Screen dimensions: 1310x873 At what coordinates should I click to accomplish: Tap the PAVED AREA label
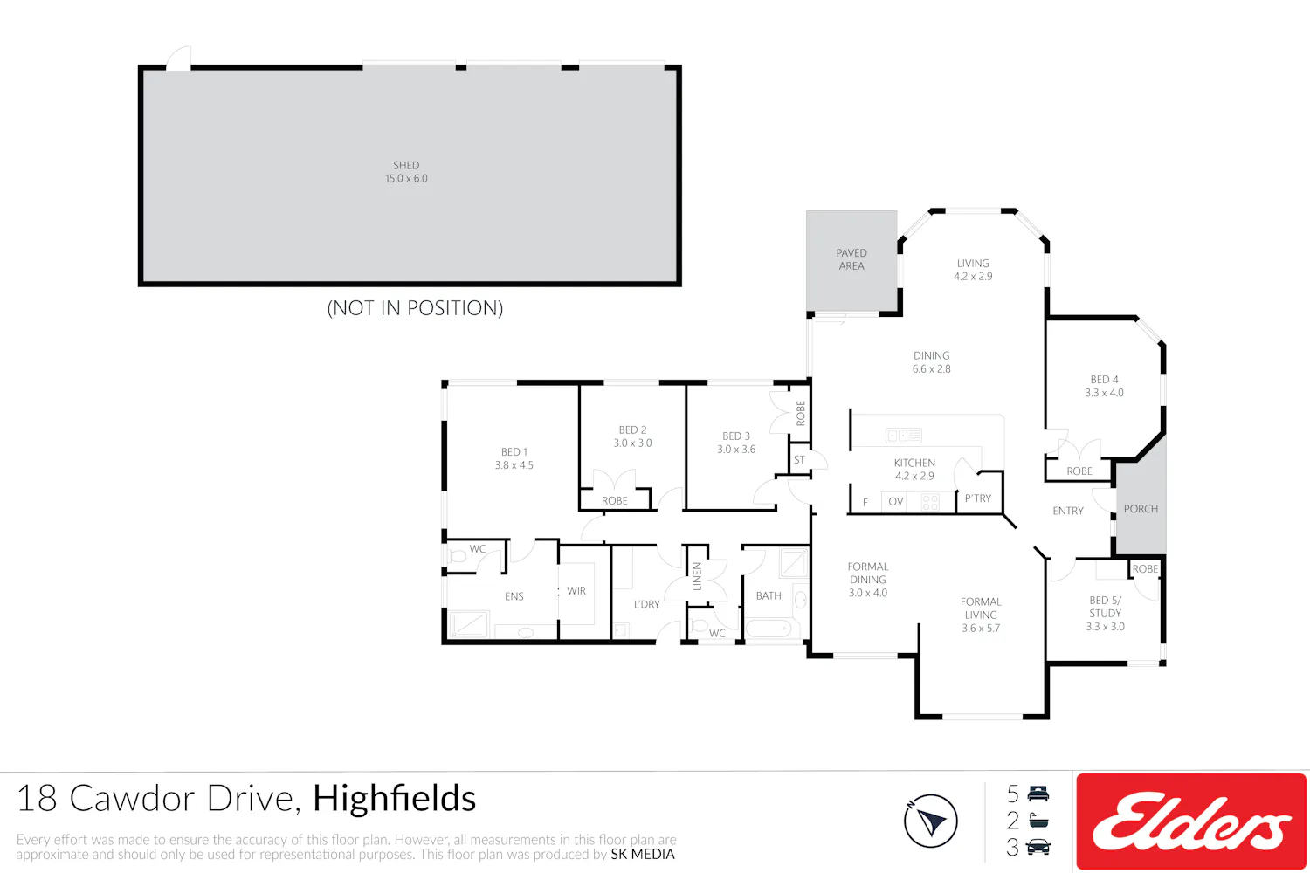851,259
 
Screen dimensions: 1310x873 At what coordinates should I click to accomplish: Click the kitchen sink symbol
904,436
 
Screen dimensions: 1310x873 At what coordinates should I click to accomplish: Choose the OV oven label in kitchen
896,502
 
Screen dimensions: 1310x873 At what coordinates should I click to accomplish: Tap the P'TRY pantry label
978,498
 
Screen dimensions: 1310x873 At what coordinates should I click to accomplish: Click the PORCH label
1141,509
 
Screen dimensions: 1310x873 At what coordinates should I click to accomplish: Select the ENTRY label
1068,511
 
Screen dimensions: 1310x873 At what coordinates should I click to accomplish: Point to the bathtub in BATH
768,629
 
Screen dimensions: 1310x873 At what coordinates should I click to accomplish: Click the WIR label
576,590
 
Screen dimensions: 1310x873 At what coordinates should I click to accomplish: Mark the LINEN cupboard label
697,576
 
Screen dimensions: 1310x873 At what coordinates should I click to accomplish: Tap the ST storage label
799,459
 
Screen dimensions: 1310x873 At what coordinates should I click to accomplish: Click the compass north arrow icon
930,821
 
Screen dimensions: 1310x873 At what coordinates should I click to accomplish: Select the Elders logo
1190,821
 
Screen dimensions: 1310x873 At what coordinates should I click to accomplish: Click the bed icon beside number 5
1038,794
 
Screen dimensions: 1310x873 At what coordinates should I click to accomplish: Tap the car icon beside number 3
1038,847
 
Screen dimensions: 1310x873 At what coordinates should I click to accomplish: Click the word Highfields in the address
394,798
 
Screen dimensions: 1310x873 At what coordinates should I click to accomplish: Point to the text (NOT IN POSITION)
415,307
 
